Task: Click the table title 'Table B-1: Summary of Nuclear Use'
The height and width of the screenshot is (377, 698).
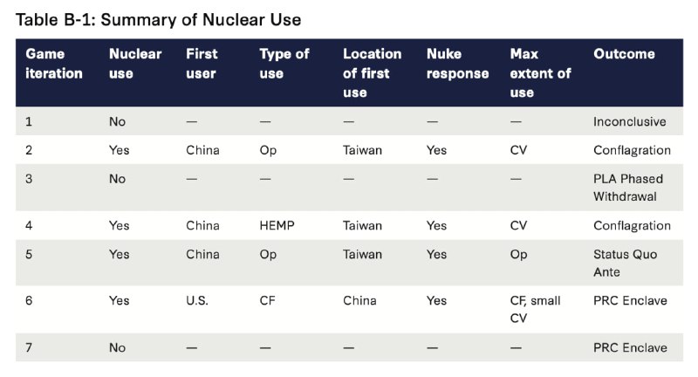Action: pyautogui.click(x=159, y=19)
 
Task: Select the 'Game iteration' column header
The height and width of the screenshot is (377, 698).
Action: pyautogui.click(x=54, y=64)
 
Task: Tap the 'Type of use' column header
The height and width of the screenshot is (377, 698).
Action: pyautogui.click(x=284, y=64)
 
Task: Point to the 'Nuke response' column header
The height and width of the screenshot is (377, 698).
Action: pyautogui.click(x=457, y=64)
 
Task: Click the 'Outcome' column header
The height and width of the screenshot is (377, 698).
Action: pyautogui.click(x=624, y=54)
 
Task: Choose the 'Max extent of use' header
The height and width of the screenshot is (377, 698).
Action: pyautogui.click(x=540, y=73)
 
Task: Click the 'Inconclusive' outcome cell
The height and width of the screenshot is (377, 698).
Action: pyautogui.click(x=629, y=121)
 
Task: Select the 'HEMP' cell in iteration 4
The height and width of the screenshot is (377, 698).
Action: pyautogui.click(x=277, y=226)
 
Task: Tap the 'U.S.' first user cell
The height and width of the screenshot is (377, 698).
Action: pyautogui.click(x=197, y=300)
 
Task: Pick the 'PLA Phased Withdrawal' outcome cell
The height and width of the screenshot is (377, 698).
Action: pyautogui.click(x=628, y=188)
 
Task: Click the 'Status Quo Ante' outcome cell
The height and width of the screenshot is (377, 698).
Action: pyautogui.click(x=625, y=263)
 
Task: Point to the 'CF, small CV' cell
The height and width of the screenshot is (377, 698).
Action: pyautogui.click(x=535, y=309)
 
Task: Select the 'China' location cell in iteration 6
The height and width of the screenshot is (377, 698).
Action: pyautogui.click(x=359, y=300)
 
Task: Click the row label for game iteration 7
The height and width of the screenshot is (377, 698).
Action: pyautogui.click(x=29, y=347)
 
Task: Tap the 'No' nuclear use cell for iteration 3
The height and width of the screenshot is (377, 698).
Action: pyautogui.click(x=117, y=179)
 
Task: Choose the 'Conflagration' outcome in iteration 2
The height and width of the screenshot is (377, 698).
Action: pyautogui.click(x=632, y=150)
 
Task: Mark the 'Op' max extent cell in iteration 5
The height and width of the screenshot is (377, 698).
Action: pyautogui.click(x=518, y=255)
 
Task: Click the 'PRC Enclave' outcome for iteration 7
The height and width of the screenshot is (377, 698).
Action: pyautogui.click(x=630, y=347)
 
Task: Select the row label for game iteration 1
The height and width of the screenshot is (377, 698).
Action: pyautogui.click(x=29, y=121)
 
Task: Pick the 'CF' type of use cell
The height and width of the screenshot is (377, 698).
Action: pyautogui.click(x=268, y=300)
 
